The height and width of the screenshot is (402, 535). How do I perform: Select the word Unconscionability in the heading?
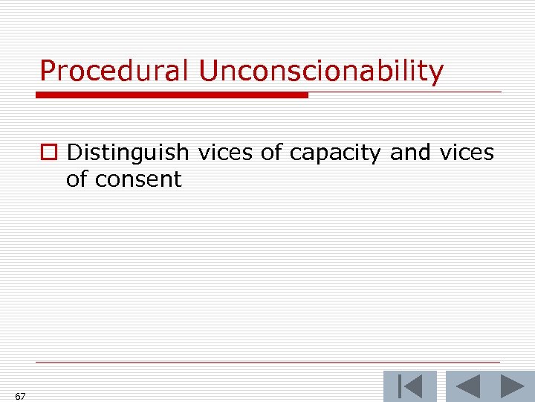point(320,71)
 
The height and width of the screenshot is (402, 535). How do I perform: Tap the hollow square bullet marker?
point(48,153)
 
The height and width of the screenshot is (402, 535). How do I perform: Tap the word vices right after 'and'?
point(466,153)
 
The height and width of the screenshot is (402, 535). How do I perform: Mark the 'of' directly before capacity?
point(272,153)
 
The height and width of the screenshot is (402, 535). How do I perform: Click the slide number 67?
point(20,396)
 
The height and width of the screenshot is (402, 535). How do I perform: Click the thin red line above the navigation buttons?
point(267,363)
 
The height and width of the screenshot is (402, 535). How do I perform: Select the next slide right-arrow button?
point(512,386)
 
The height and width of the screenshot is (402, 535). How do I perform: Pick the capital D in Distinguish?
point(75,153)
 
